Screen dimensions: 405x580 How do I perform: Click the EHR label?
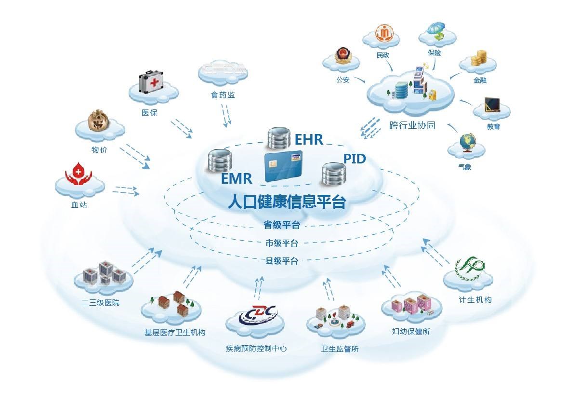tap(309, 140)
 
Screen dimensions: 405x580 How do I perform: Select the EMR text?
tap(237, 179)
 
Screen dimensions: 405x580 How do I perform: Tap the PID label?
tap(354, 159)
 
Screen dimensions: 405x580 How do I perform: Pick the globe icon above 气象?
tap(467, 142)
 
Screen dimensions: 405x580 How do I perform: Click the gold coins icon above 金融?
tap(479, 58)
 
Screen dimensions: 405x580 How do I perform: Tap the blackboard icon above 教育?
tap(492, 105)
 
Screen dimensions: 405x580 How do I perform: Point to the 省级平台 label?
tap(282, 225)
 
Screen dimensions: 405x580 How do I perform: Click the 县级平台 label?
tap(282, 261)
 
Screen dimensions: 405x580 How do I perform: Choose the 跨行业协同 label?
tap(412, 125)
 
